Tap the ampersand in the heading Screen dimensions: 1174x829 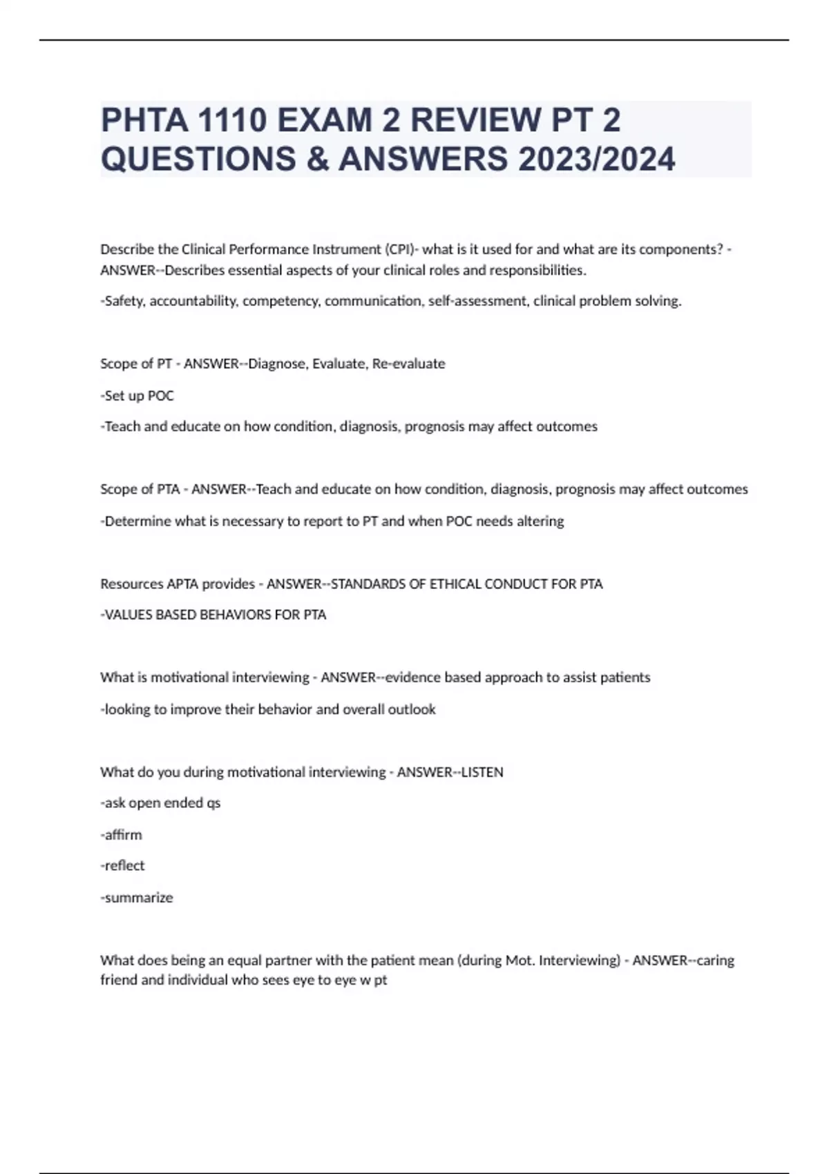[313, 160]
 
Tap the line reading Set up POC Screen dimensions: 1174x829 [137, 396]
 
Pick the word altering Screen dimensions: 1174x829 [541, 521]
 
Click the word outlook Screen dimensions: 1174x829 [412, 709]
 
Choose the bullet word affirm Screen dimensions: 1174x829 [123, 835]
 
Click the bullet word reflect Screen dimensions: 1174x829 [124, 866]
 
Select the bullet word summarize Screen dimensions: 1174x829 [138, 898]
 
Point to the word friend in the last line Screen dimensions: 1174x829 [118, 980]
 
